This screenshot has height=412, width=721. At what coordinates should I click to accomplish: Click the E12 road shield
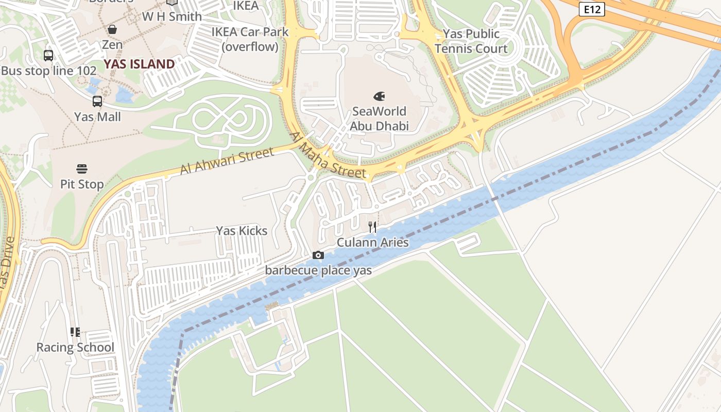[x=591, y=9]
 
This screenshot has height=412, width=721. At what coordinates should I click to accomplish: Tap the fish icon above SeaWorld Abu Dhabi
[x=379, y=96]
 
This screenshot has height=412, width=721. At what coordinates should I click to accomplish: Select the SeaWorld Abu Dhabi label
[x=379, y=118]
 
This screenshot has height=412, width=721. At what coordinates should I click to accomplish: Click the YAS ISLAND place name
[x=139, y=64]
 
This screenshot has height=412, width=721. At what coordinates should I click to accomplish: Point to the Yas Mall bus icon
[x=97, y=101]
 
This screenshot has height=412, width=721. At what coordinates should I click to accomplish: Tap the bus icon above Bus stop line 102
[x=48, y=56]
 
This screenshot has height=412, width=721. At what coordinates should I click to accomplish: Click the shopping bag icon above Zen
[x=112, y=29]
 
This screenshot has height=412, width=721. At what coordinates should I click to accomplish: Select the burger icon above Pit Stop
[x=82, y=169]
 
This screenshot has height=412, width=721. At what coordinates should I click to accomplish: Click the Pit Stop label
[x=82, y=184]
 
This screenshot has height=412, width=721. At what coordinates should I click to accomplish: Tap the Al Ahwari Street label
[x=227, y=161]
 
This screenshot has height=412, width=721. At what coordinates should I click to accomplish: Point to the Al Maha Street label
[x=328, y=156]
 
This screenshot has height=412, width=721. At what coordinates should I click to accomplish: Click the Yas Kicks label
[x=242, y=231]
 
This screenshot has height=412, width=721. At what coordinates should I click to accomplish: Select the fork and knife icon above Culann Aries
[x=372, y=227]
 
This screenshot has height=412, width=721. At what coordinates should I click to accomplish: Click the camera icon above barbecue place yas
[x=318, y=255]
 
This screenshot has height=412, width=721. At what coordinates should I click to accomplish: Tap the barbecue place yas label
[x=318, y=270]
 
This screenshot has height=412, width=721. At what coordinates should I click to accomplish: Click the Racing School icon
[x=75, y=332]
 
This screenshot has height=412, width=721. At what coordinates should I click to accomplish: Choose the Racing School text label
[x=75, y=347]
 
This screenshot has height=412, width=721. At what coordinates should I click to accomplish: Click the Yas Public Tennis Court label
[x=471, y=41]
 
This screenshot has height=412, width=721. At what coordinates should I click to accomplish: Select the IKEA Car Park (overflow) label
[x=250, y=39]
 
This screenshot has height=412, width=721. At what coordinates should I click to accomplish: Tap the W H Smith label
[x=172, y=16]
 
